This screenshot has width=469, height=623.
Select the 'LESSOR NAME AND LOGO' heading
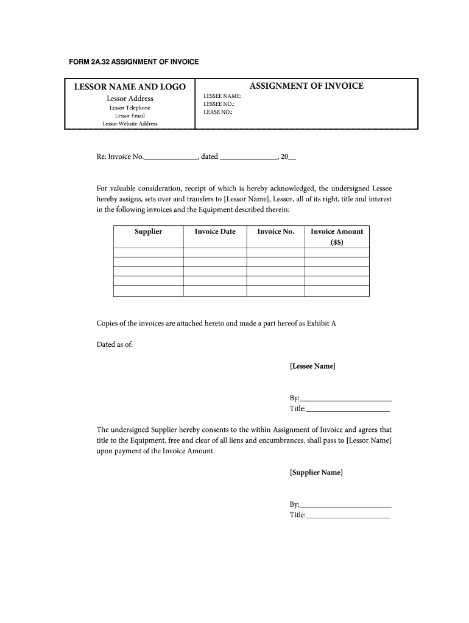click(130, 87)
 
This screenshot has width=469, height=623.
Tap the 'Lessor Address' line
click(130, 99)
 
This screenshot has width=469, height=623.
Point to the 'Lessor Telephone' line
click(130, 108)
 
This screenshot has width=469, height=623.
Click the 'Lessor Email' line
click(130, 116)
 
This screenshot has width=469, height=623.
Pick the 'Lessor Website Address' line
click(130, 124)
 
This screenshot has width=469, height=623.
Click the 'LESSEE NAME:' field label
click(222, 96)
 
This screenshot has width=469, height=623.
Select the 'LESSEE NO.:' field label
click(219, 104)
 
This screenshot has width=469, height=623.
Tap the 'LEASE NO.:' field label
click(218, 112)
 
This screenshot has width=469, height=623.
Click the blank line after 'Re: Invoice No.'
click(171, 157)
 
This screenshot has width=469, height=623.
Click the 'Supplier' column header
click(148, 232)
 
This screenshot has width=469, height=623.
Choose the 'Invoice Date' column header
click(215, 232)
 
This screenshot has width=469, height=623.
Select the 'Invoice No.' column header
click(275, 232)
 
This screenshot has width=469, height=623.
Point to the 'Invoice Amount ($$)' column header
click(337, 236)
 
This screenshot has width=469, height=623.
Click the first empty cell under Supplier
click(148, 252)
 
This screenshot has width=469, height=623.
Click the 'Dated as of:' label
click(115, 344)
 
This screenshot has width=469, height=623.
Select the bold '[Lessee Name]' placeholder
click(312, 366)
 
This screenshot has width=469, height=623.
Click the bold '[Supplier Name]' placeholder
click(316, 472)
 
